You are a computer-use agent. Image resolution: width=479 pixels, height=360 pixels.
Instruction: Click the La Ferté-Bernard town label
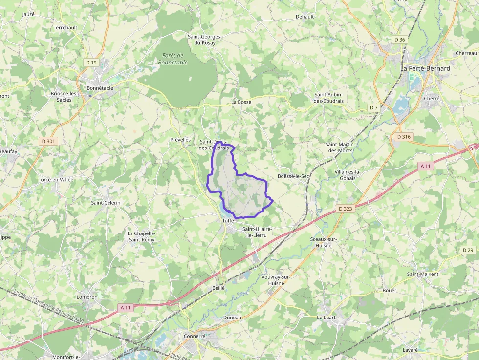coord(425,68)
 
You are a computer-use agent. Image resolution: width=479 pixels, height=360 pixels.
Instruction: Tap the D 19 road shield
coord(91,62)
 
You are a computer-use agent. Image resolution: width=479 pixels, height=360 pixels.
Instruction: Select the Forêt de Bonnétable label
coord(173,59)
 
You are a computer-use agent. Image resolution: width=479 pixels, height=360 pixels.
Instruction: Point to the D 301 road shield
coord(48,141)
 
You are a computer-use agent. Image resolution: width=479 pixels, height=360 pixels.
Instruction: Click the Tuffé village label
coord(228,221)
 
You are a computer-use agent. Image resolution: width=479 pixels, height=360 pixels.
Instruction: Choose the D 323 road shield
coord(345,209)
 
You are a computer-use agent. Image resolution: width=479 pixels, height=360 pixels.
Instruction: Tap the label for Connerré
coord(195,336)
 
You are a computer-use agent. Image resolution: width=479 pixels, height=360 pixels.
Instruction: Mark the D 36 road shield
coord(399,40)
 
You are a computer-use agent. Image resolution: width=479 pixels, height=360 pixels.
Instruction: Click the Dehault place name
coord(305,16)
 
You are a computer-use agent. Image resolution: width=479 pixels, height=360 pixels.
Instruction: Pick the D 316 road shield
coord(404,137)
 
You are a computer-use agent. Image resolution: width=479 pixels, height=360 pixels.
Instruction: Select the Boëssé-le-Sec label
coord(293,176)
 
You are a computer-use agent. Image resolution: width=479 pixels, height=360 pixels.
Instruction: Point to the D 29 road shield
coord(468,250)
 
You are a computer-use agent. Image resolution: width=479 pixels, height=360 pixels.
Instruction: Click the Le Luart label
coord(326,317)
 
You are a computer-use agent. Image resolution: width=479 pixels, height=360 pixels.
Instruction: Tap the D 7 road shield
coord(374,107)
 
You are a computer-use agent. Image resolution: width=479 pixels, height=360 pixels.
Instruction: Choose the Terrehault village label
coord(65,28)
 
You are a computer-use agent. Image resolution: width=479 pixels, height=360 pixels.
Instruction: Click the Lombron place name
coord(87,297)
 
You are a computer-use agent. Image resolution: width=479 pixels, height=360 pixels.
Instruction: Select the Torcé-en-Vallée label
coord(56,180)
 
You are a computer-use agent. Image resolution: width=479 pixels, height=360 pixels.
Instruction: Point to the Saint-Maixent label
coord(423,274)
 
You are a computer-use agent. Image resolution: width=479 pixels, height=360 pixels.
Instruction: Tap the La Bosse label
coord(241,102)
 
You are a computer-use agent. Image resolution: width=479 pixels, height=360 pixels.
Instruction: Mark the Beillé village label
coord(218,288)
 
